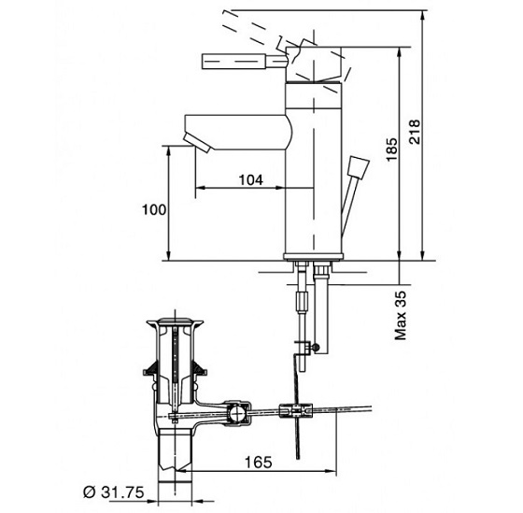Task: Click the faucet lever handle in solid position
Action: [x=234, y=62]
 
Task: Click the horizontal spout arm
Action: [x=233, y=123]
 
